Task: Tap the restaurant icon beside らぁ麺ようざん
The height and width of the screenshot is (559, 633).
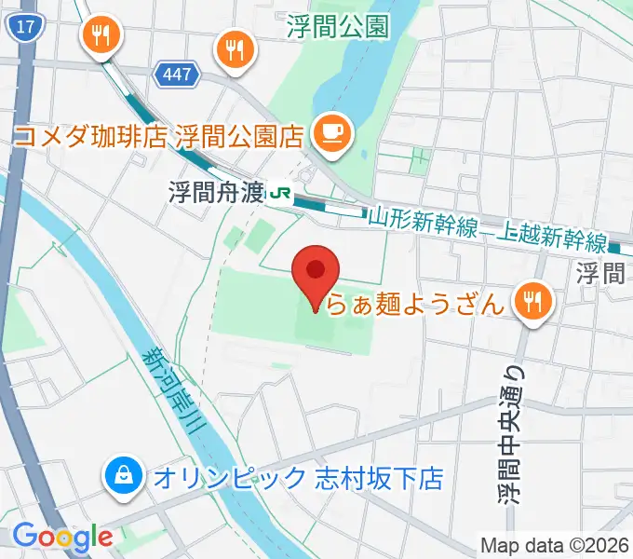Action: pos(533,300)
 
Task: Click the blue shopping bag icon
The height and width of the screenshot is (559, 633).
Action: pos(123,478)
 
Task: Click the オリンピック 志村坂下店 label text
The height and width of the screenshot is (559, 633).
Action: pos(297,479)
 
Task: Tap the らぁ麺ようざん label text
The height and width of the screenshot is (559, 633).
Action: pos(421,302)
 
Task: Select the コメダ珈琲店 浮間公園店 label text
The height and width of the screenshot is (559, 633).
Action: pos(159,137)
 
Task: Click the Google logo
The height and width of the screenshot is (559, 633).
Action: pos(62,537)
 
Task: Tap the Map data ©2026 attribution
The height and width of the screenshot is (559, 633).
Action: pos(553,545)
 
